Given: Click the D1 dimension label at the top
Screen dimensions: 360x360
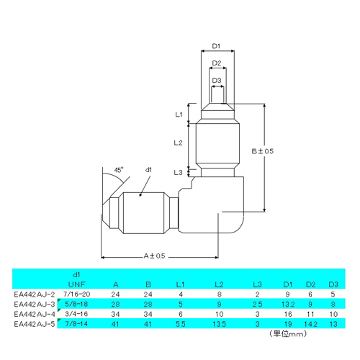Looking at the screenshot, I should (216, 47).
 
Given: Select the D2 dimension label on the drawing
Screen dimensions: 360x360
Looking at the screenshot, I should (216, 64).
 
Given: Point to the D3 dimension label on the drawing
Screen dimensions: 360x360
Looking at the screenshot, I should (216, 80).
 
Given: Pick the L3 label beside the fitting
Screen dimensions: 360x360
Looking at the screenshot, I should (179, 172).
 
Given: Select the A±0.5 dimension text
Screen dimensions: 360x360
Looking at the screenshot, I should (154, 256).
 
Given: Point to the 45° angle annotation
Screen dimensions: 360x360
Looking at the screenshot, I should (118, 171).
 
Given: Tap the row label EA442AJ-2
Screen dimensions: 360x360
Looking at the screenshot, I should (34, 293).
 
